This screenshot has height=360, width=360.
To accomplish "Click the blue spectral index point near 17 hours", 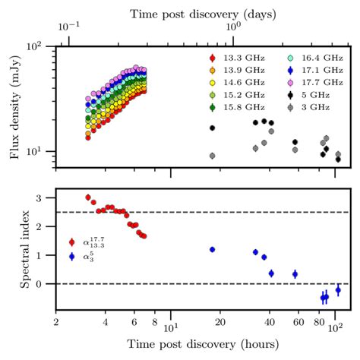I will coord(212,249).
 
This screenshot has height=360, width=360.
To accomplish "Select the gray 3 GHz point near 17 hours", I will coord(212,156).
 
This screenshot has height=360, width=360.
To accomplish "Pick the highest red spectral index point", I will coord(88,197).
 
